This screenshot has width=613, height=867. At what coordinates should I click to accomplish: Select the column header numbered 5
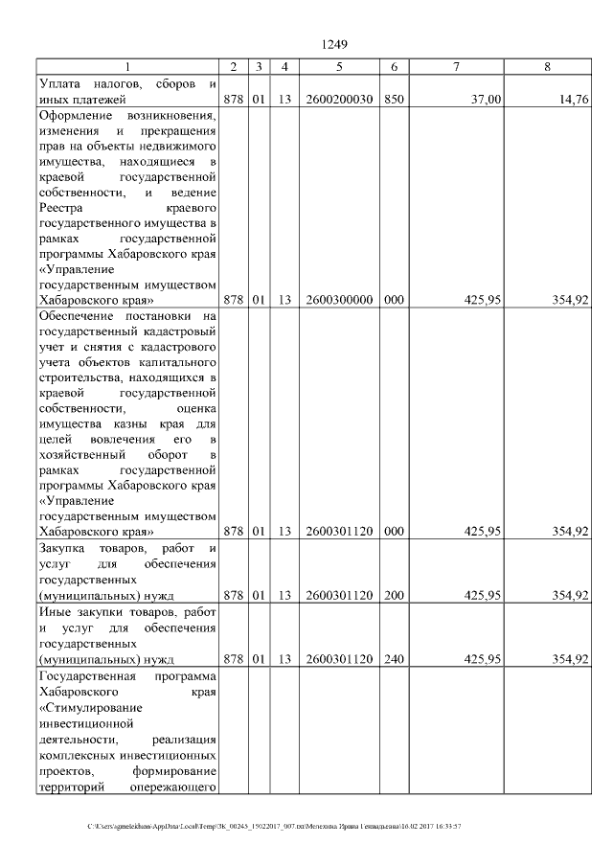click(339, 66)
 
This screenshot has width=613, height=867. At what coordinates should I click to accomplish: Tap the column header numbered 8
click(547, 66)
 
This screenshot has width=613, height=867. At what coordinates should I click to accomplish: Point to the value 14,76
click(573, 99)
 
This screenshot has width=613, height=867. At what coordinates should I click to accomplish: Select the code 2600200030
click(339, 99)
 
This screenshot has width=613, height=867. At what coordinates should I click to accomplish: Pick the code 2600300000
click(339, 300)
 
